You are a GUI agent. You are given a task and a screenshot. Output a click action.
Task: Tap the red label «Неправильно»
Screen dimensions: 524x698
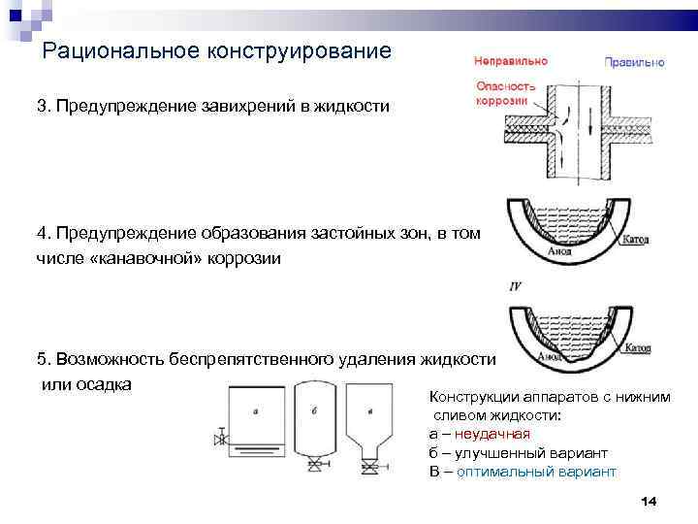pos(511,60)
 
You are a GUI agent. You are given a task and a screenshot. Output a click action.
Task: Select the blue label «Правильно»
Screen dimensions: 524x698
pos(635,62)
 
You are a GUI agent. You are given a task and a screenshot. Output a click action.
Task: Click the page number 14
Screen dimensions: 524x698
pos(650,500)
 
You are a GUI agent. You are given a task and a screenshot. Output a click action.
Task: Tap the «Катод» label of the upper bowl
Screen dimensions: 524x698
pos(635,238)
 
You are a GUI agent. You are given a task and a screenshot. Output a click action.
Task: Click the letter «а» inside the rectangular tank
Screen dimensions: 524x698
pos(254,410)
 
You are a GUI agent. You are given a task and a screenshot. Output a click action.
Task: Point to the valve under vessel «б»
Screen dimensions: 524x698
pos(314,469)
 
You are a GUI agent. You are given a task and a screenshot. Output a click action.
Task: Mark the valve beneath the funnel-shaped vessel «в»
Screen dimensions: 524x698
pos(369,469)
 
